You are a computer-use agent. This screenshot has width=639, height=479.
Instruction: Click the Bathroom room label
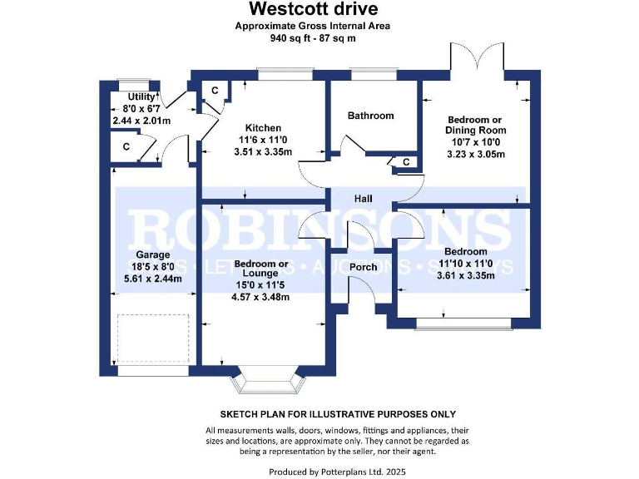[x=370, y=116]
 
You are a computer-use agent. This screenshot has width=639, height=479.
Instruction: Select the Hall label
[x=364, y=199]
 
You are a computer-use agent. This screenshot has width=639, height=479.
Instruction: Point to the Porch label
[x=363, y=267]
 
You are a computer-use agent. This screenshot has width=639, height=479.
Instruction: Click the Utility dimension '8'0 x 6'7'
[x=140, y=109]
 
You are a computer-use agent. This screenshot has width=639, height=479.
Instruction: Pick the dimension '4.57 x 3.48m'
[x=261, y=297]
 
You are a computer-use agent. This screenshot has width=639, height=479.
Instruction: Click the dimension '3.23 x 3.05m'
[x=475, y=154]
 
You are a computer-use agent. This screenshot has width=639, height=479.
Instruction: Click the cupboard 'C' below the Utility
[x=126, y=147]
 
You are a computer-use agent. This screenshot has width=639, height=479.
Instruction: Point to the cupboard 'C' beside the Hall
[x=406, y=162]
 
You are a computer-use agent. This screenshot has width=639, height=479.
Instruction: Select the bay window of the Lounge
[x=265, y=382]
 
